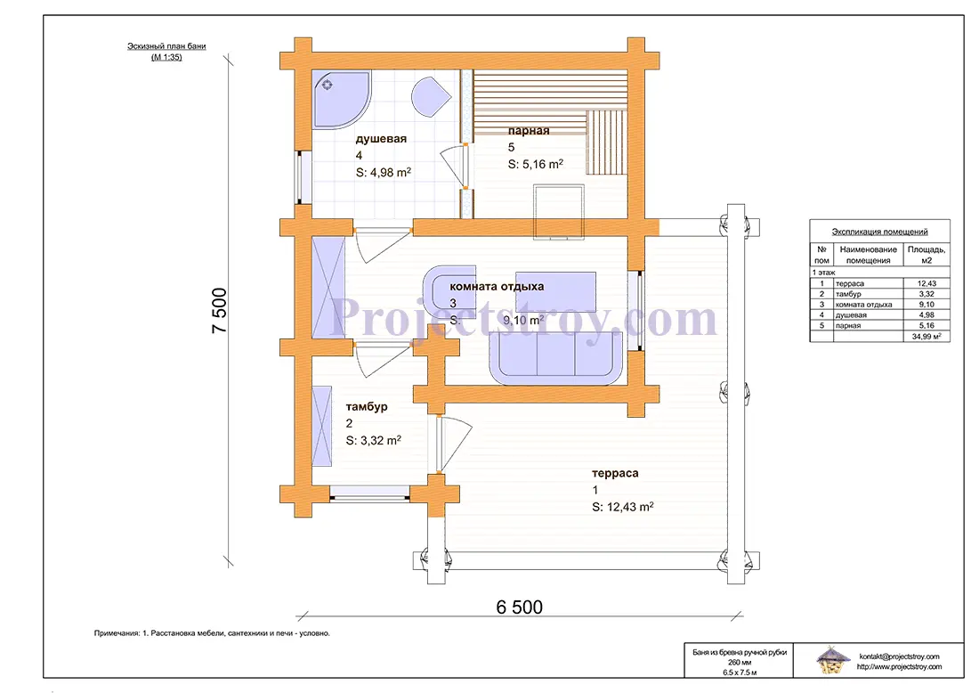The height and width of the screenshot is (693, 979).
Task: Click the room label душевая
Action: tap(381, 139)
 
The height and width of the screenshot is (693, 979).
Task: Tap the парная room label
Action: tap(528, 131)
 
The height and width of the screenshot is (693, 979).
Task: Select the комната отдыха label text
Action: tap(497, 287)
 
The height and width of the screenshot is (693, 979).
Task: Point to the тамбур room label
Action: tap(367, 407)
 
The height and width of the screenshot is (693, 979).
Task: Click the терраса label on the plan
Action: tap(615, 473)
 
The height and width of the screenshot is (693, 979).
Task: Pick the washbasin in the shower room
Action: tap(430, 97)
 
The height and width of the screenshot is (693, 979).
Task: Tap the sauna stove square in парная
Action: tap(559, 211)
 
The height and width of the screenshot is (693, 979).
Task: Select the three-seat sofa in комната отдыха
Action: tap(555, 358)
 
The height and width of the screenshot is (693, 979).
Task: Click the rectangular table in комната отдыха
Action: tap(555, 291)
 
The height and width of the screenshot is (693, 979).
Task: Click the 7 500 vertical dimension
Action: tap(219, 311)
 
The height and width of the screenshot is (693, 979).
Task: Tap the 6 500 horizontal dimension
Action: tap(520, 607)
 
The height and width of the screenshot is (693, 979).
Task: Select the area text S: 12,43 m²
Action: tap(622, 507)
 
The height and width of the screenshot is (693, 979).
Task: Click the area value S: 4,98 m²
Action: tap(384, 173)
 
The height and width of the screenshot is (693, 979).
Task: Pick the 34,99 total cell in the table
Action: tap(926, 336)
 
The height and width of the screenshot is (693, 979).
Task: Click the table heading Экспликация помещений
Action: tap(879, 232)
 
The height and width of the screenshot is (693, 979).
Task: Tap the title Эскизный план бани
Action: tap(166, 46)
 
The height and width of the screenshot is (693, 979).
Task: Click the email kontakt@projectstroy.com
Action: tap(899, 656)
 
